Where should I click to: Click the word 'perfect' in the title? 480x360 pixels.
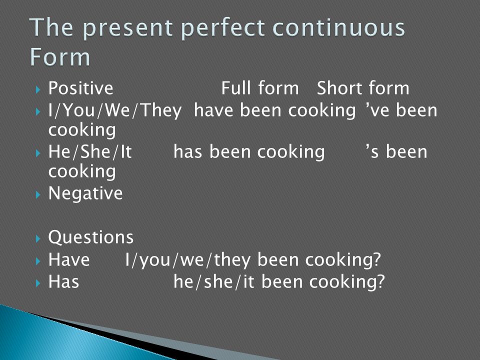(222, 28)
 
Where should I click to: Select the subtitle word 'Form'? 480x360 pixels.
(60, 57)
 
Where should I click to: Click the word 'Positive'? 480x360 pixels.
(81, 88)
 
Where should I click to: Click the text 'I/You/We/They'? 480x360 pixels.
(115, 110)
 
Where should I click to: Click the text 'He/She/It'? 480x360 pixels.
(90, 152)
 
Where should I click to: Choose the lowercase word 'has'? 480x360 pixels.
(187, 152)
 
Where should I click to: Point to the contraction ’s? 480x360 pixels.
(372, 152)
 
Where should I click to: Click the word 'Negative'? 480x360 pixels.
(85, 193)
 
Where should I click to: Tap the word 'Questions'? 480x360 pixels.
(91, 237)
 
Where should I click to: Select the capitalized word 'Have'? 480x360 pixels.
(69, 259)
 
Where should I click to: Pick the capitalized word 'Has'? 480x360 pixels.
(63, 281)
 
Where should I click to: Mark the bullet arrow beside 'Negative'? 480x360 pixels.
(38, 194)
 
